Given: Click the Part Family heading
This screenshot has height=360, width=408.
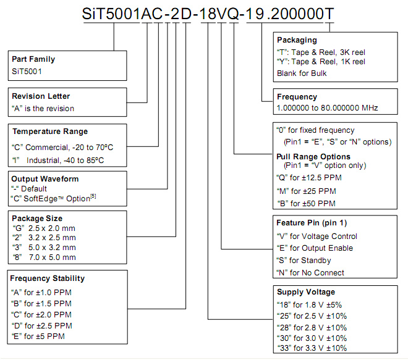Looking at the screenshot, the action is (33, 59).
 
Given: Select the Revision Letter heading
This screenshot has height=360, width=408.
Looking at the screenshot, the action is (41, 96).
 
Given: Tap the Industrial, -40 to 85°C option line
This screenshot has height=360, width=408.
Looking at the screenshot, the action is (58, 160).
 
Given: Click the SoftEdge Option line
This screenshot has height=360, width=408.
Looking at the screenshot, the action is (53, 198).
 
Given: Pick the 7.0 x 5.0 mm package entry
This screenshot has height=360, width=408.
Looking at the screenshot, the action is (45, 257).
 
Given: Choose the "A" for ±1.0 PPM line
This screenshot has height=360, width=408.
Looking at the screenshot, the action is (41, 293).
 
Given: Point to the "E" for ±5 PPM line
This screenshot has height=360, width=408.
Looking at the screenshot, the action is (38, 337).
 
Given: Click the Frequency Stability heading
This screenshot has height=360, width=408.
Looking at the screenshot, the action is (48, 278).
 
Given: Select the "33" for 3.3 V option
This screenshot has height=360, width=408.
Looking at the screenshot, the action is (312, 348).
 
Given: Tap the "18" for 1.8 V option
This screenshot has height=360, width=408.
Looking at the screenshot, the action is (309, 304).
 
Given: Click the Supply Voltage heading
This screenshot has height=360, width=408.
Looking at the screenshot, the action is (306, 292).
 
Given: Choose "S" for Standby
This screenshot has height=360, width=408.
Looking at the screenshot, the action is (304, 260).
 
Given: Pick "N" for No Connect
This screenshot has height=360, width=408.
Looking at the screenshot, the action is (310, 273).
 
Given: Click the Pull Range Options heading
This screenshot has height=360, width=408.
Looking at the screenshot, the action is (313, 156).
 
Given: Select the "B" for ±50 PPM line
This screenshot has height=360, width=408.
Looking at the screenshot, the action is (306, 203).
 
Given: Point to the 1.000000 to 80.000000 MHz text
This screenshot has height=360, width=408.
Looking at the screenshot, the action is (328, 107).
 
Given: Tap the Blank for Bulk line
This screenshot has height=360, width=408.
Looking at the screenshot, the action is (302, 73).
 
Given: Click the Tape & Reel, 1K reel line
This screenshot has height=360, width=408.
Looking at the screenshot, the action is (321, 62).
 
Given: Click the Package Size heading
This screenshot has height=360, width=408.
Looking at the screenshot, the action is (37, 219).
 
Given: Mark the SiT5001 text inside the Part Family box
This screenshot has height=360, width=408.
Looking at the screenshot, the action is (27, 71).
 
